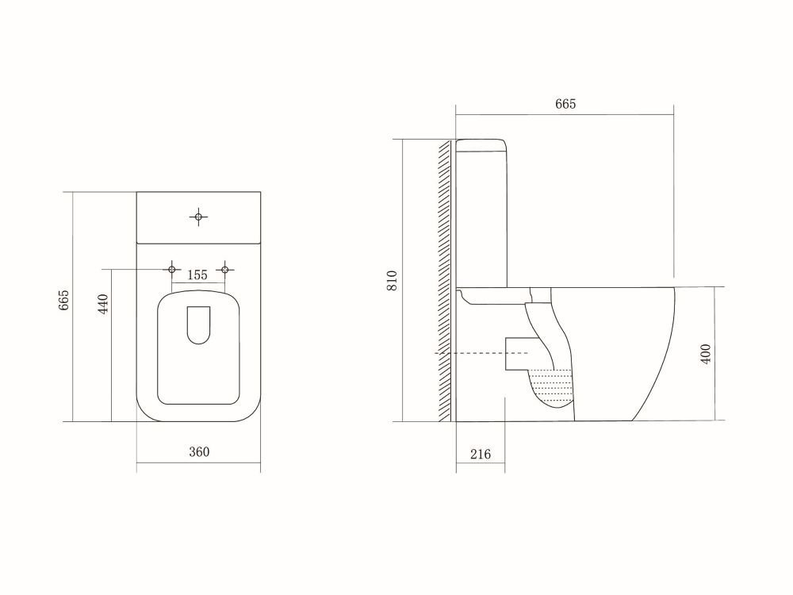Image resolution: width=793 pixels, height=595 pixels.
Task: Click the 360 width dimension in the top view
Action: pyautogui.click(x=198, y=452)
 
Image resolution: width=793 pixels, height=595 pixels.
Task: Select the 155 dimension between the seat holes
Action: pyautogui.click(x=197, y=274)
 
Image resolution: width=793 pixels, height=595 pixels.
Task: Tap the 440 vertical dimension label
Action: pyautogui.click(x=102, y=304)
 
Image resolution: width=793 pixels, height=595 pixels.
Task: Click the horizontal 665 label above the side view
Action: pyautogui.click(x=565, y=104)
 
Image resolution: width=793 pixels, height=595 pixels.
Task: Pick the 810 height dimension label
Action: pyautogui.click(x=392, y=282)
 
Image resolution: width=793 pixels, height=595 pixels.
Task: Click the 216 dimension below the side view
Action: pyautogui.click(x=481, y=454)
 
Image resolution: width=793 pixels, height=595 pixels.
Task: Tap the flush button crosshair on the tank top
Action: pyautogui.click(x=198, y=215)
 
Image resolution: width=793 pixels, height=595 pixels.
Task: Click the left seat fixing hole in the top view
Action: pyautogui.click(x=171, y=270)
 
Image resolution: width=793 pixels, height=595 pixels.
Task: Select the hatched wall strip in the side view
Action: pyautogui.click(x=446, y=282)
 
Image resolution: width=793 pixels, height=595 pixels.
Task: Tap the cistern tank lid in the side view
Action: pyautogui.click(x=481, y=144)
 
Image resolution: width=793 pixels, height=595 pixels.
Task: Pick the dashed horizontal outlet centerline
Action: pyautogui.click(x=476, y=351)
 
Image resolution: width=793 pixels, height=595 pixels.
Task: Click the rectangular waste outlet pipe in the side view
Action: pyautogui.click(x=517, y=352)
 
